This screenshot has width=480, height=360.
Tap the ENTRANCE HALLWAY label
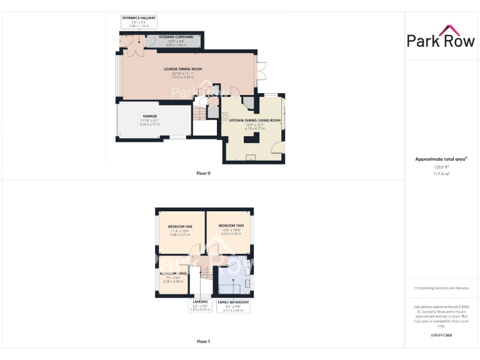(139, 18)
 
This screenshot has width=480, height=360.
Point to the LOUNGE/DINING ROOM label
(182, 69)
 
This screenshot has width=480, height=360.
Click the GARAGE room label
(149, 116)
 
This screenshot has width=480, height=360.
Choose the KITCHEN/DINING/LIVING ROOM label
(256, 119)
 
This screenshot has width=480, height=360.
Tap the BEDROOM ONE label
(180, 226)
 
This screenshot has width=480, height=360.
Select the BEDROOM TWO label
(230, 225)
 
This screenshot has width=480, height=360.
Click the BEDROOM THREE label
(173, 274)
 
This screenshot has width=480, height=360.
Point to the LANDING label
(199, 302)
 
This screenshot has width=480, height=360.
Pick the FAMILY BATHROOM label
(232, 302)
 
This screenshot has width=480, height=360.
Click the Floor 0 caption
(203, 172)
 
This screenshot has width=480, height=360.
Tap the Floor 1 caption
(203, 341)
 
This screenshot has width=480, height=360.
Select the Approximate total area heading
(441, 159)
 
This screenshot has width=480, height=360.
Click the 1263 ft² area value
(441, 167)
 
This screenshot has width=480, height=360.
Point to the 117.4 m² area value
(441, 174)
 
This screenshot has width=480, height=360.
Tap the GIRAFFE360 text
(441, 336)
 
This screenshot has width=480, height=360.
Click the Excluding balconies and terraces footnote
(441, 288)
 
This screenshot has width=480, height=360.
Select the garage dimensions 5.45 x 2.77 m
(149, 124)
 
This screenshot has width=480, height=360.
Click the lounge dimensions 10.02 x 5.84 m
(182, 77)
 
